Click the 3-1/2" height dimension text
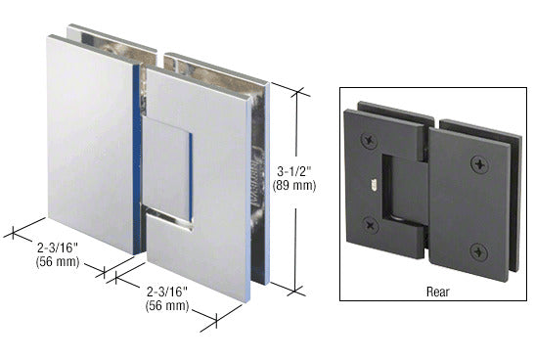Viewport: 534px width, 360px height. point(294,171)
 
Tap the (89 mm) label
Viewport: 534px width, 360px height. point(294,186)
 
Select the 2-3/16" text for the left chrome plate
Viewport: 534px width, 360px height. point(58,247)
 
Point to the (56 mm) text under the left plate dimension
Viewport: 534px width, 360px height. point(58,262)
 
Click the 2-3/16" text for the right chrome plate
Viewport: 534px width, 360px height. point(167,292)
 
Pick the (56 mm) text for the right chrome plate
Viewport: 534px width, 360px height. point(167,305)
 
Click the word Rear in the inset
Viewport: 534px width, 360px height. point(438,292)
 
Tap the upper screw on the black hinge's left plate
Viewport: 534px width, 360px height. point(369,140)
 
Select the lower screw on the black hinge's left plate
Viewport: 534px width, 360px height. point(371,225)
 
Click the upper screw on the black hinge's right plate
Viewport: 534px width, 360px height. point(480,165)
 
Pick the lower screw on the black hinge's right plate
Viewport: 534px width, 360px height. point(479,252)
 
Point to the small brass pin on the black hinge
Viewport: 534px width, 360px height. point(374,185)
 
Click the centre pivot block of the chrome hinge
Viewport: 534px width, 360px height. point(166,172)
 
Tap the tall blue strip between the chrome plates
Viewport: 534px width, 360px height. point(137,159)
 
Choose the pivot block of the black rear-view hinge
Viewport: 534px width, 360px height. point(405,191)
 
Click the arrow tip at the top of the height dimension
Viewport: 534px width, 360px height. point(298,91)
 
